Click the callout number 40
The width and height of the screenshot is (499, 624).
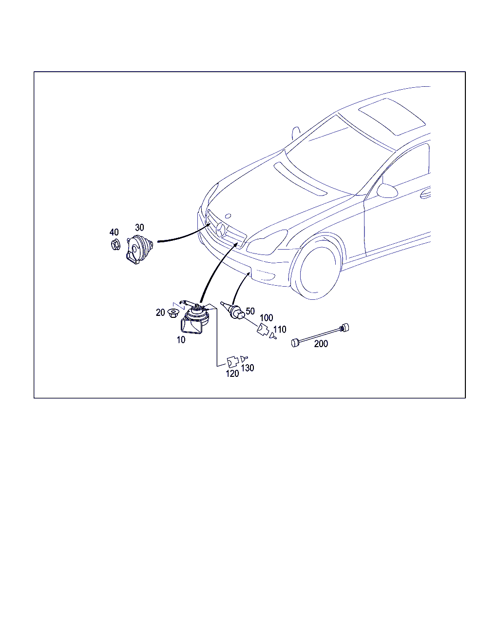(x=114, y=232)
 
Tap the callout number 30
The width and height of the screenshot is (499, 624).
(x=139, y=227)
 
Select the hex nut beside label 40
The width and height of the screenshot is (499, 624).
(x=115, y=245)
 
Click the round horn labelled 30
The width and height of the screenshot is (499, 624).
(x=139, y=249)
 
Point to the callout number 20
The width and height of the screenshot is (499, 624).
(x=160, y=312)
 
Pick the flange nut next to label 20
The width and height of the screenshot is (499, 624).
(x=173, y=313)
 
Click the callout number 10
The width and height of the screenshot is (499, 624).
(x=181, y=340)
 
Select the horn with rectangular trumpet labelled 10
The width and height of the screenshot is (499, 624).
(x=193, y=318)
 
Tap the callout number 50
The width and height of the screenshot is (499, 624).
(x=250, y=311)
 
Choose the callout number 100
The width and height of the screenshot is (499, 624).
(x=266, y=318)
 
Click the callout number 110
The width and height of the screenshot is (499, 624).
(x=280, y=330)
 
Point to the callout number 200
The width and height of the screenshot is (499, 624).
(x=321, y=344)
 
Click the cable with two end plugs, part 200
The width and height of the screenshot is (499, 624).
(x=320, y=335)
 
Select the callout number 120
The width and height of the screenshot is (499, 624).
(x=232, y=374)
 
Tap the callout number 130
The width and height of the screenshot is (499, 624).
(x=248, y=368)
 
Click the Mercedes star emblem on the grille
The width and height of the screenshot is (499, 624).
(x=222, y=230)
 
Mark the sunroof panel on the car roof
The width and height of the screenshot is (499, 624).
(x=392, y=117)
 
